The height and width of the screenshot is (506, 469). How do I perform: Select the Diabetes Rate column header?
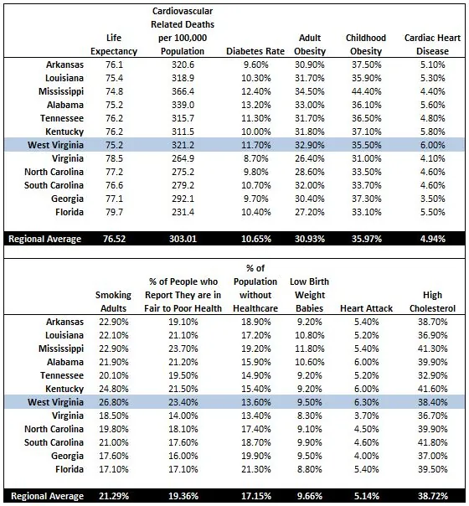(255, 51)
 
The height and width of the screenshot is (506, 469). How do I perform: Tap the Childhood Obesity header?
(366, 44)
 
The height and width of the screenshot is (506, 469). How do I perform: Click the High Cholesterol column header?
(430, 302)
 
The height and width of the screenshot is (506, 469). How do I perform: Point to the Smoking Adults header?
(113, 302)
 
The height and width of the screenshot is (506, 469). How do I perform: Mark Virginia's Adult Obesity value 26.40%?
(310, 157)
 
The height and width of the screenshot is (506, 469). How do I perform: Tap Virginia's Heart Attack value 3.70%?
(367, 416)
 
